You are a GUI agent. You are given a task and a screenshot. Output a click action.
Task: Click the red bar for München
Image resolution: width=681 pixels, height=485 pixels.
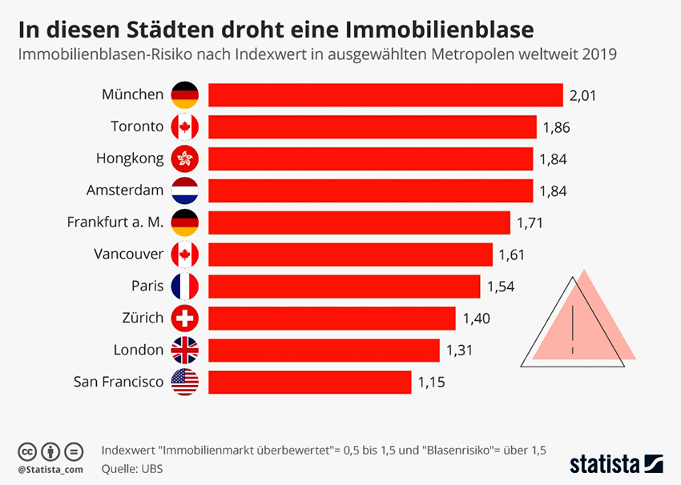coord(385,95)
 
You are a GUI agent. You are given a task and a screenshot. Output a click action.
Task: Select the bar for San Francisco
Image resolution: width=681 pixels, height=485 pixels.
coord(310,382)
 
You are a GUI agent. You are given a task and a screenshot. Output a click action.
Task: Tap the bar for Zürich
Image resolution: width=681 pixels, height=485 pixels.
coord(332,318)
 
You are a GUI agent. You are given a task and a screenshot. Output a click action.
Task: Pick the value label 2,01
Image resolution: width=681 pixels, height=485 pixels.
coord(583,96)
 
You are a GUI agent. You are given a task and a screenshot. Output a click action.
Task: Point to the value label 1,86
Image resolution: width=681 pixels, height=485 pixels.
coord(556,127)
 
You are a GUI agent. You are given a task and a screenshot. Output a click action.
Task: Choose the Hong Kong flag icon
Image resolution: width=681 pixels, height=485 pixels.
coord(185,158)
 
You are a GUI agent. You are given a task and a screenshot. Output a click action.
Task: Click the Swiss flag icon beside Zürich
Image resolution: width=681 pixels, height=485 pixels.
coord(185,318)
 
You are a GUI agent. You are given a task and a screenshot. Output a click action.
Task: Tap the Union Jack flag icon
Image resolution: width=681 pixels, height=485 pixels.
coord(185,350)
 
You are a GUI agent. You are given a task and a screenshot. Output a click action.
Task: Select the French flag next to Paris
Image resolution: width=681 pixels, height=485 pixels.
coord(185,286)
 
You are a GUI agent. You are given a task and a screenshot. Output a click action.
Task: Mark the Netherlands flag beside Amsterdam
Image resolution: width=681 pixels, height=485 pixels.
coord(185,190)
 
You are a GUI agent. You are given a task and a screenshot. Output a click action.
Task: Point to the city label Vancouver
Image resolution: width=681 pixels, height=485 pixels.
coord(129,255)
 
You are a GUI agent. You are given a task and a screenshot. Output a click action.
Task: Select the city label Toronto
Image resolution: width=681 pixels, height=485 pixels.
coord(137,126)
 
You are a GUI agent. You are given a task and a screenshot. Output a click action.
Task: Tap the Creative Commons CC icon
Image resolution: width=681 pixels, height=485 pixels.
coord(27,450)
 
